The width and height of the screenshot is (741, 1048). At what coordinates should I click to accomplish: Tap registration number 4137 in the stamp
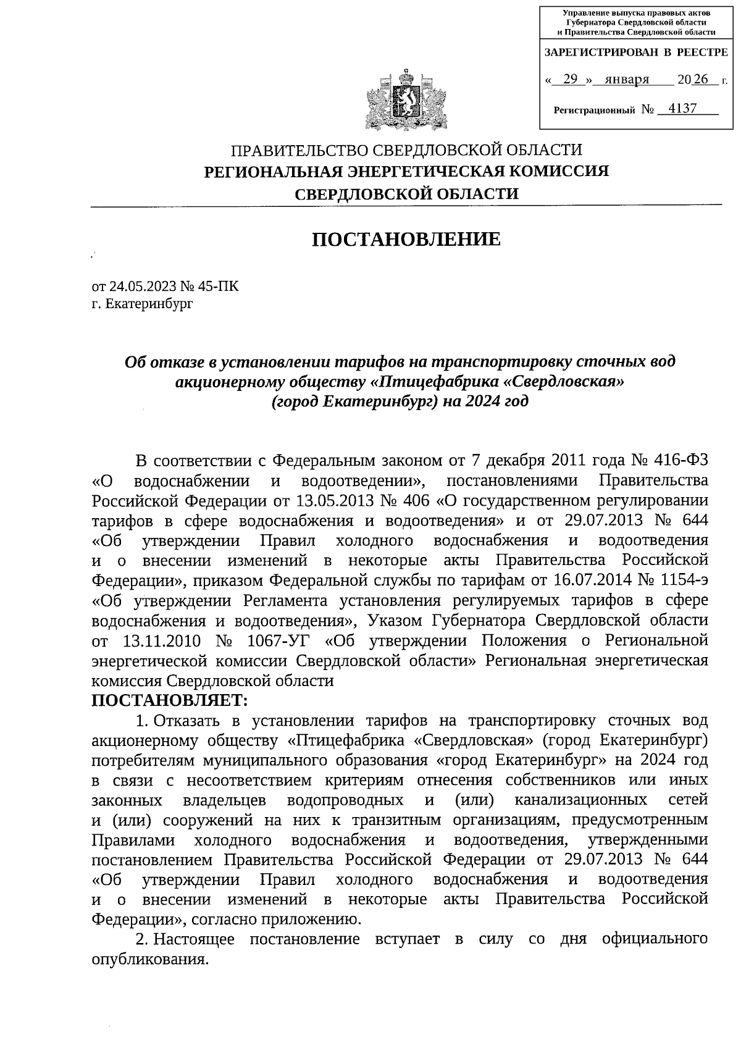(682, 109)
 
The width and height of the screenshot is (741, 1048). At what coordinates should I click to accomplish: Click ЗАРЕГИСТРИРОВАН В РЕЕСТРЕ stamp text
(635, 54)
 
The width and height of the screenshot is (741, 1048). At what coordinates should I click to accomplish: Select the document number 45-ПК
(218, 287)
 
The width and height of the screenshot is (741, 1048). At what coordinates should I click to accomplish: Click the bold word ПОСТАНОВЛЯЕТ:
(169, 700)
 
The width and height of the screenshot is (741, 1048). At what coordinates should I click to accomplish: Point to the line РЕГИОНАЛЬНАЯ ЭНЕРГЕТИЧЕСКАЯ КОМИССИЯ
(406, 171)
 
